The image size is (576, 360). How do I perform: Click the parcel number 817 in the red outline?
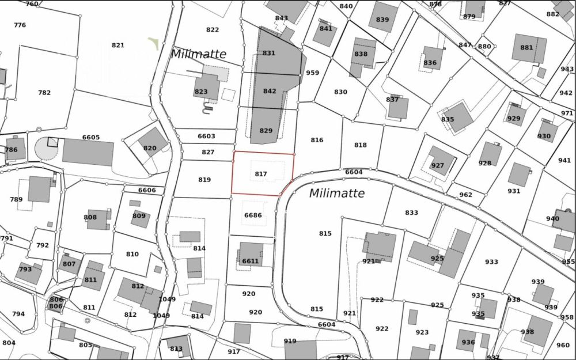pos(261,173)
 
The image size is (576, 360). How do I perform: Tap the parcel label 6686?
pos(253,215)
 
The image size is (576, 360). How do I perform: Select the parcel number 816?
pos(317,140)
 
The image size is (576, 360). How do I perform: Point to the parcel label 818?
pos(361,145)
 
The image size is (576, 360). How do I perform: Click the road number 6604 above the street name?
pos(354,172)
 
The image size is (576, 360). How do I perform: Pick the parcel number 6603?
pos(206,137)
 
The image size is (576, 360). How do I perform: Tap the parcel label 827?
pos(208,152)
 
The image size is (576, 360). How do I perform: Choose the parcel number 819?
pos(204,180)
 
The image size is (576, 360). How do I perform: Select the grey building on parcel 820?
pos(152,141)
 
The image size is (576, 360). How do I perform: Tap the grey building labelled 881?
pos(528,48)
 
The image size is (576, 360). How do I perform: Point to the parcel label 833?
pos(411,213)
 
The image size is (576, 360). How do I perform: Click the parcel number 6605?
pos(91,138)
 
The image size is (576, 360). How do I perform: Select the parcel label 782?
pos(44,93)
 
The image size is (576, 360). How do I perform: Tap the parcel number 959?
pos(313,73)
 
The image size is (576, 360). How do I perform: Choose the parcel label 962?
pos(465,195)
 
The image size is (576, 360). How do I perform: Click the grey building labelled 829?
pos(267,124)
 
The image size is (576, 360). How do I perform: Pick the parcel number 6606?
pos(147,190)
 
